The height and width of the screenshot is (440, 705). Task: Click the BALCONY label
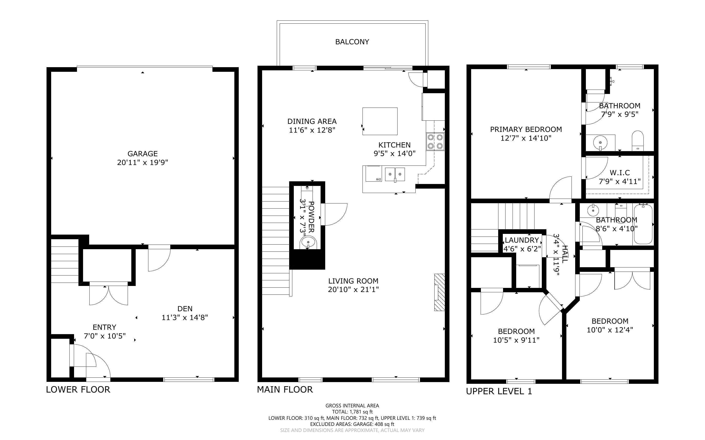click(x=352, y=42)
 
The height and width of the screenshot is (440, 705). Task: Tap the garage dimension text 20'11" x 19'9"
click(x=143, y=162)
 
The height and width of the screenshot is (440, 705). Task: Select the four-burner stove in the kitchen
click(x=435, y=142)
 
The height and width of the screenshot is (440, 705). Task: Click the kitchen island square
click(x=380, y=121)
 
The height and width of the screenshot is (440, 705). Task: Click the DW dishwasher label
click(x=378, y=179)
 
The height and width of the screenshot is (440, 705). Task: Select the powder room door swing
click(x=335, y=214)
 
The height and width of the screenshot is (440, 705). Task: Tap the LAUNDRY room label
click(x=522, y=240)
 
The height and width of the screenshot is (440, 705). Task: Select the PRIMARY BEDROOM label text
click(x=526, y=129)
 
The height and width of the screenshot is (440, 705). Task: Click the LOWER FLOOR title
click(x=78, y=390)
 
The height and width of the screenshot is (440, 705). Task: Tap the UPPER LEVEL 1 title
click(x=499, y=391)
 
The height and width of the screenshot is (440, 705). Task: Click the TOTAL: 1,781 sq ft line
click(x=352, y=412)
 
